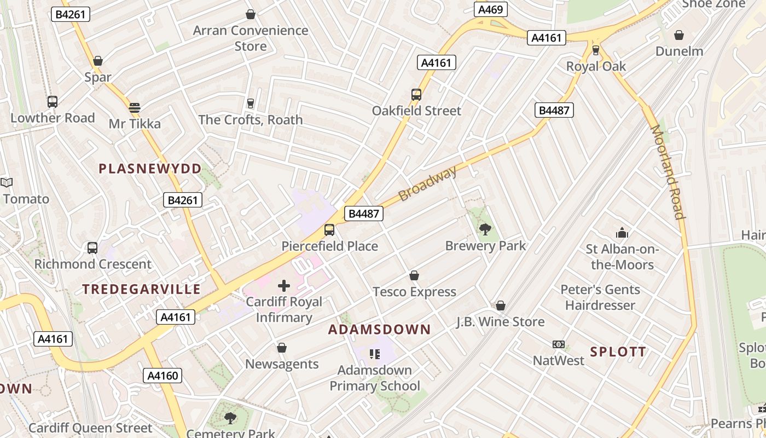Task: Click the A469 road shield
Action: coord(491,9)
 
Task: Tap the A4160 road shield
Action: coord(163,376)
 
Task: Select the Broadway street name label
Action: coord(427,183)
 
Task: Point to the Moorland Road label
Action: coord(668,172)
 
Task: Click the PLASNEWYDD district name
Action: coord(150,169)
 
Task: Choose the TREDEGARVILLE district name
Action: coord(142,289)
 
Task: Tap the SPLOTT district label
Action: coord(618,351)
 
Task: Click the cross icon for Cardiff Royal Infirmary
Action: coord(284,285)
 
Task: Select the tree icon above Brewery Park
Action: coord(485,229)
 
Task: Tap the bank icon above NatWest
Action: coord(559,344)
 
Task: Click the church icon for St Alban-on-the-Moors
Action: coord(622,233)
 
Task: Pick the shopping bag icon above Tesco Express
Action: coord(414,275)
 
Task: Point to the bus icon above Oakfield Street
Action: coord(416,95)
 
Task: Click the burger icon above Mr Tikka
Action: coord(135,107)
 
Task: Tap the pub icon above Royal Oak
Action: coord(596,50)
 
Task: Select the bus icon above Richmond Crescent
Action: coord(92,248)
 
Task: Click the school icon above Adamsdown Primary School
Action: coord(374,354)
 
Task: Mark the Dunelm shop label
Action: coord(679,51)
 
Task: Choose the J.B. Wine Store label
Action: coord(501,321)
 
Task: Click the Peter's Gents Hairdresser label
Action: coord(600,297)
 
